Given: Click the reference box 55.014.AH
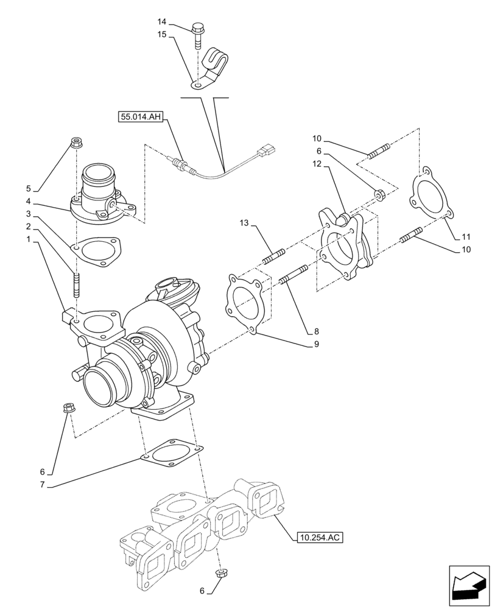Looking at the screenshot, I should [x=139, y=117].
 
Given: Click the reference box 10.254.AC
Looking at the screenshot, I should [x=320, y=537].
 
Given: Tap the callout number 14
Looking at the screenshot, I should [x=162, y=21].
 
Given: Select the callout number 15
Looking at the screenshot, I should [x=162, y=35].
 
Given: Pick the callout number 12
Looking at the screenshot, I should [x=317, y=164].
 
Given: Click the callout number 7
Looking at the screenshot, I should [x=42, y=484].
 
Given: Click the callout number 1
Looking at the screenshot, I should [x=29, y=240].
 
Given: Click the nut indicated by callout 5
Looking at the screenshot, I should [x=77, y=144].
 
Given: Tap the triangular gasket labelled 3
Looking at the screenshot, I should [x=97, y=251].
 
